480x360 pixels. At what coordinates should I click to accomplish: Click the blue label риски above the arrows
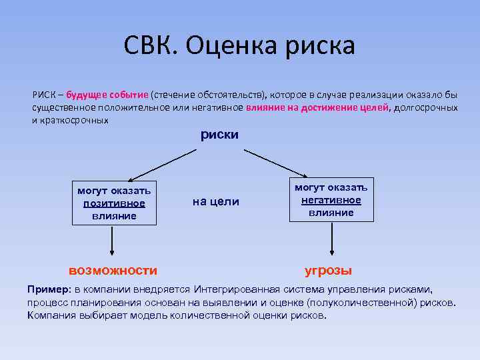219,135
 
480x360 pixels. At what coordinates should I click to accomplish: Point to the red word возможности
113,271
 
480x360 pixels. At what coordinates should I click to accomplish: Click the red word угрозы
328,271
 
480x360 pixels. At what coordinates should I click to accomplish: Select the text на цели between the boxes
215,202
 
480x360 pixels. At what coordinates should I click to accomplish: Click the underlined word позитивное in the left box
114,203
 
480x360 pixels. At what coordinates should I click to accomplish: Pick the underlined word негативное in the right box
331,200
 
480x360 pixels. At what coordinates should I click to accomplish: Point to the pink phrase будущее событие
107,95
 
